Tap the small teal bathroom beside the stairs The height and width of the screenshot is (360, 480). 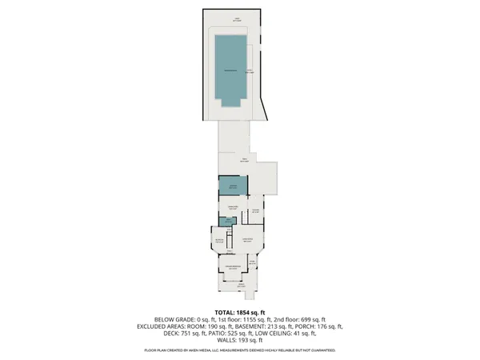[x=226, y=223]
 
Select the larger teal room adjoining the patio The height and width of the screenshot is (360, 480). [x=233, y=186]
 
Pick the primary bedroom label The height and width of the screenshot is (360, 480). [x=234, y=267]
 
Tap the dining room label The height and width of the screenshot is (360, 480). [x=234, y=209]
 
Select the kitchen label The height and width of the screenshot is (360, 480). [x=256, y=211]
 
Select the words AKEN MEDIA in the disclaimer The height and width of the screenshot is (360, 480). [x=218, y=350]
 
